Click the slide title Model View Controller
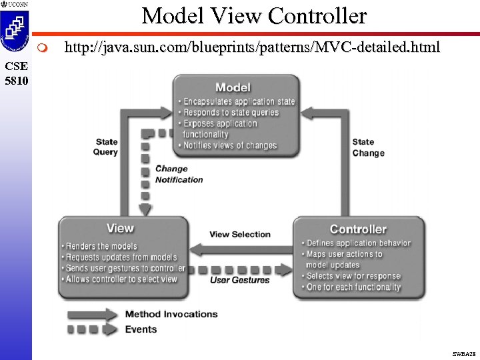254,15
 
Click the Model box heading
233,87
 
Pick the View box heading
120,228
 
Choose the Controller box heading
358,229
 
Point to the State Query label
106,147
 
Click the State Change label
368,147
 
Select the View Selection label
240,235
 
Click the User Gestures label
240,280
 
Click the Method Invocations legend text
171,314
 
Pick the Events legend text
141,329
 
